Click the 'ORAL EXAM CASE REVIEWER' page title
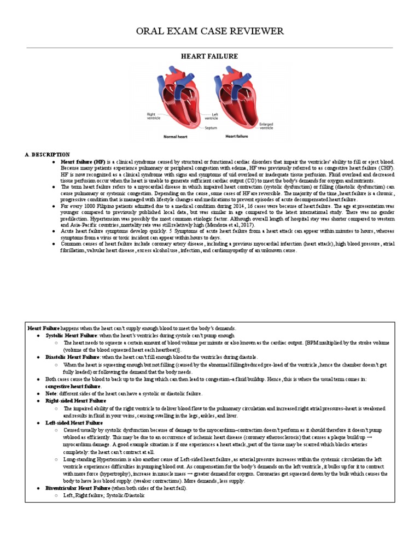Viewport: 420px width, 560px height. pyautogui.click(x=210, y=31)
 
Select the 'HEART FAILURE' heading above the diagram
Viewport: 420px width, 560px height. pyautogui.click(x=210, y=56)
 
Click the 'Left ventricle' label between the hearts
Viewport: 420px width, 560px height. pyautogui.click(x=211, y=116)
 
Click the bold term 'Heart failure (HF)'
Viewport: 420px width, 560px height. pyautogui.click(x=83, y=162)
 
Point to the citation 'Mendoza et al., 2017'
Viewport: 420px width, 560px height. pyautogui.click(x=216, y=225)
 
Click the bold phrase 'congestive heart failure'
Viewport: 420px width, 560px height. pyautogui.click(x=73, y=386)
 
